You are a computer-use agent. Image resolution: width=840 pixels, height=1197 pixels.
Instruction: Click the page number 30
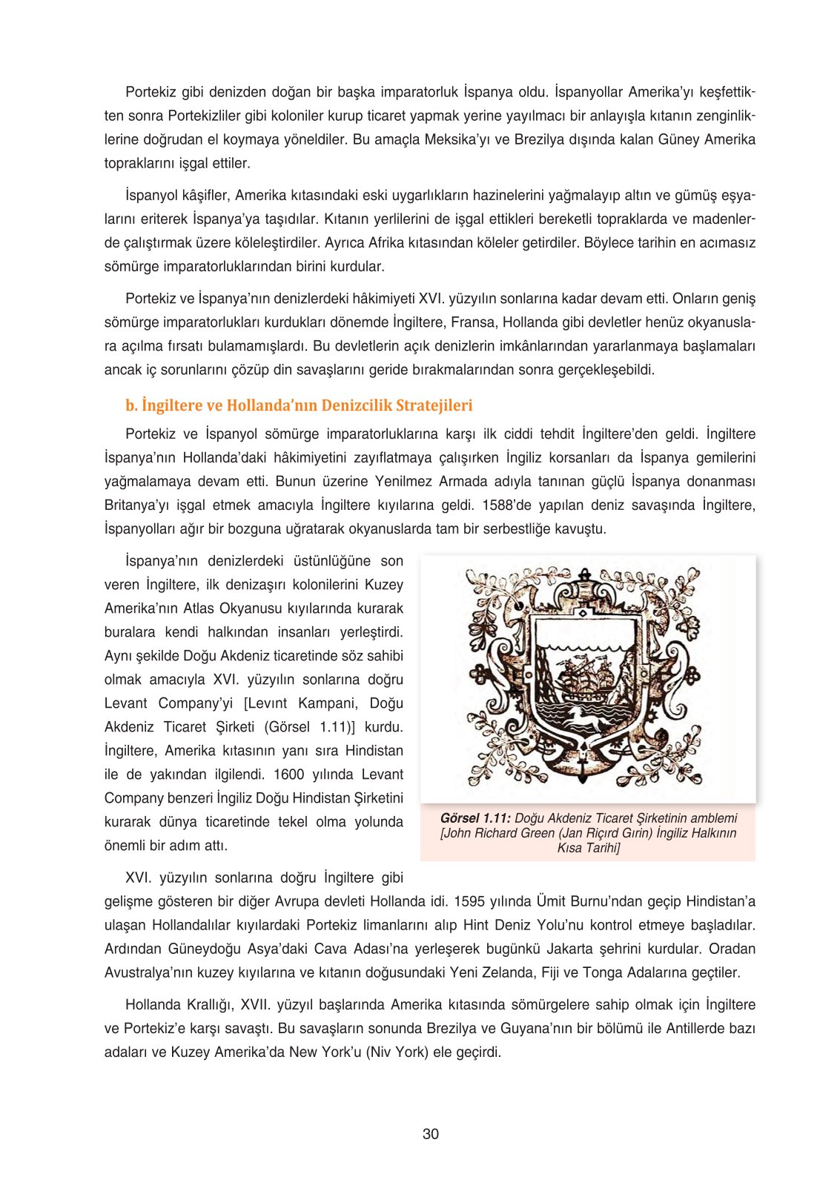(x=431, y=1134)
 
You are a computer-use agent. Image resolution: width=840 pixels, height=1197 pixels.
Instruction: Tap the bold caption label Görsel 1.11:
(x=475, y=818)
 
